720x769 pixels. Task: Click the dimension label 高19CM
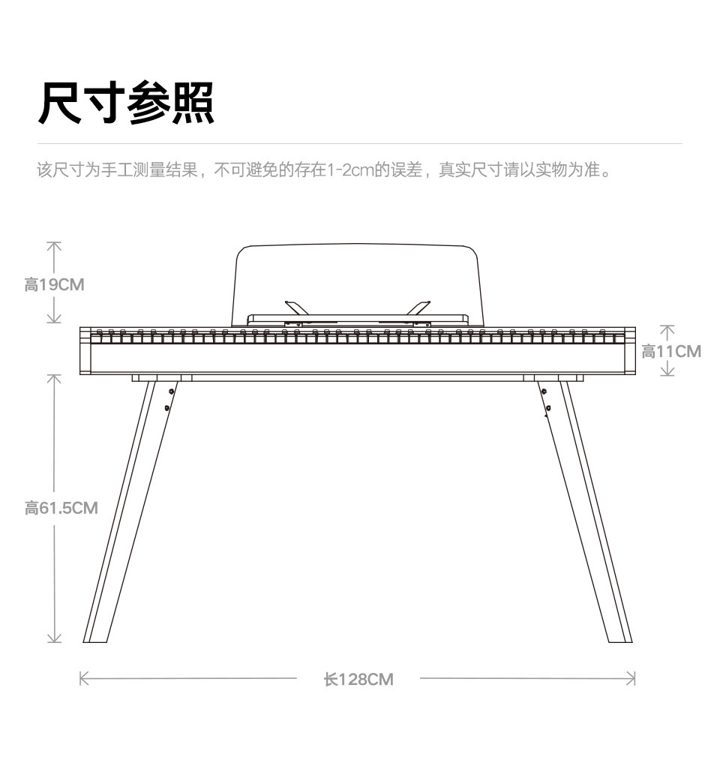pos(54,285)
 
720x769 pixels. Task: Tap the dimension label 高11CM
pos(671,351)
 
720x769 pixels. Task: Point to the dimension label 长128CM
pos(358,680)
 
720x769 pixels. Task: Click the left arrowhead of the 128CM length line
pos(82,679)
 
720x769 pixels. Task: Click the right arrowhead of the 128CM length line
pos(632,679)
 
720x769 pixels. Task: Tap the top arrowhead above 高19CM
pos(54,244)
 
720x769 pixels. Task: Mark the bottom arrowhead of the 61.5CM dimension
pos(54,639)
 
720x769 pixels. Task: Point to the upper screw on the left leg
pos(172,392)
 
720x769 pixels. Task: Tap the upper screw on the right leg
pos(543,391)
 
